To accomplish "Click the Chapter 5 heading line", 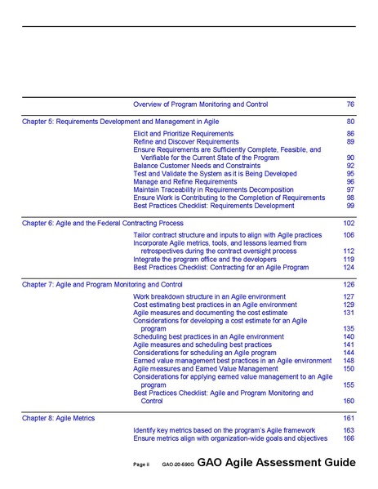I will (x=121, y=122).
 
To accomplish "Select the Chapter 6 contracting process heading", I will (x=102, y=223).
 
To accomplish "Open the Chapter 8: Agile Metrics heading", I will (x=58, y=418).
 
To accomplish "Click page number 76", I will (x=350, y=104).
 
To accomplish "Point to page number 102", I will (x=349, y=223).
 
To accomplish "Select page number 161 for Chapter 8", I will (x=349, y=418).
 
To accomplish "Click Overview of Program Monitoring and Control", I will (x=200, y=104).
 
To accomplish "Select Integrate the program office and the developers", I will (x=204, y=259).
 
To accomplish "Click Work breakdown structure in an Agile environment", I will (x=209, y=296).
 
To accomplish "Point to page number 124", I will (x=349, y=267).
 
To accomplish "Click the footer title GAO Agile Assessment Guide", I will (x=276, y=463).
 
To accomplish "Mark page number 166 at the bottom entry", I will (x=349, y=438).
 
